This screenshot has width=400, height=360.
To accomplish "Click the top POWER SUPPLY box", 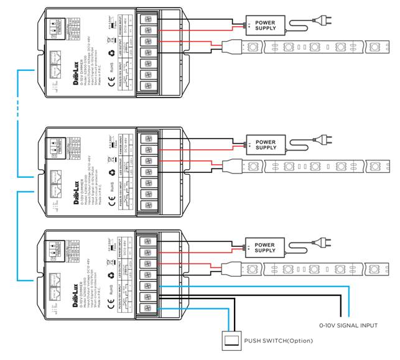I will pos(266,25).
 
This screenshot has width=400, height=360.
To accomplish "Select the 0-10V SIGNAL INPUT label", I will pos(348,325).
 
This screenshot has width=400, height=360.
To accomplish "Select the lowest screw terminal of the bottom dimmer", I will pos(149,308).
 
